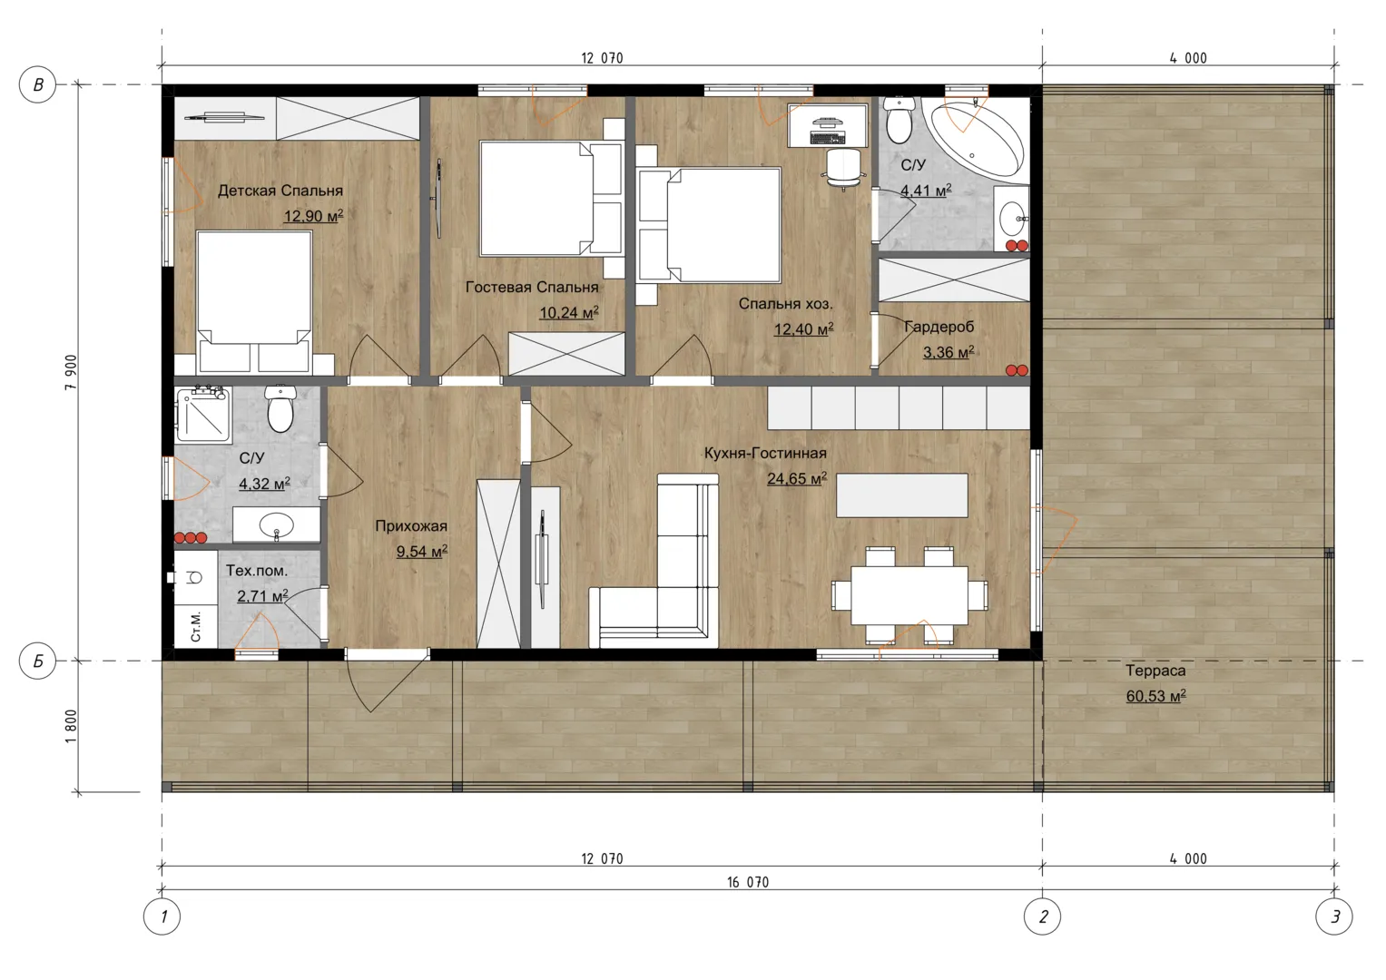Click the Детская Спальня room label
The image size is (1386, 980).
[x=280, y=191]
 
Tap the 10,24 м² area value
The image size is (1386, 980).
[x=568, y=312]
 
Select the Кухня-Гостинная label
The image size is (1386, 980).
[x=765, y=453]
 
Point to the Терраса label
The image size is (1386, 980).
[x=1155, y=671]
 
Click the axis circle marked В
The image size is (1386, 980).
[x=38, y=84]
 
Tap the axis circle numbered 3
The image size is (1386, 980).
[x=1334, y=916]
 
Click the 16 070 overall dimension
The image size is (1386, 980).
[x=747, y=882]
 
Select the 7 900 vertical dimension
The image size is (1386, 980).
[x=71, y=372]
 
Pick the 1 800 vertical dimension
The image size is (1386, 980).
[x=71, y=726]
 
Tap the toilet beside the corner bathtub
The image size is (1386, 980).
[x=899, y=120]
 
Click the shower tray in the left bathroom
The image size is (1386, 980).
[x=203, y=415]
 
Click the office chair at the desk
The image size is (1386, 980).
[x=843, y=168]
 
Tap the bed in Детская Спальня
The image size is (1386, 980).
[x=253, y=302]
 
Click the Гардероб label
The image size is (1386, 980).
[x=939, y=327]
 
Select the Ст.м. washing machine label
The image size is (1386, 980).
[x=195, y=627]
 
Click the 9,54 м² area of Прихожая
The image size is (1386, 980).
[x=422, y=552]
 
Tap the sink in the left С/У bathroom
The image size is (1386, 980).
[x=277, y=525]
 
